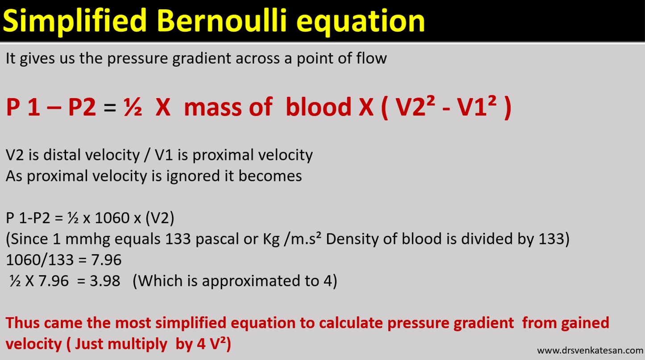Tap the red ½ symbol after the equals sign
tap(132, 108)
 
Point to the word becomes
tap(270, 176)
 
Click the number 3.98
tap(104, 281)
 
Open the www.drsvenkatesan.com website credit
tap(590, 350)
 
